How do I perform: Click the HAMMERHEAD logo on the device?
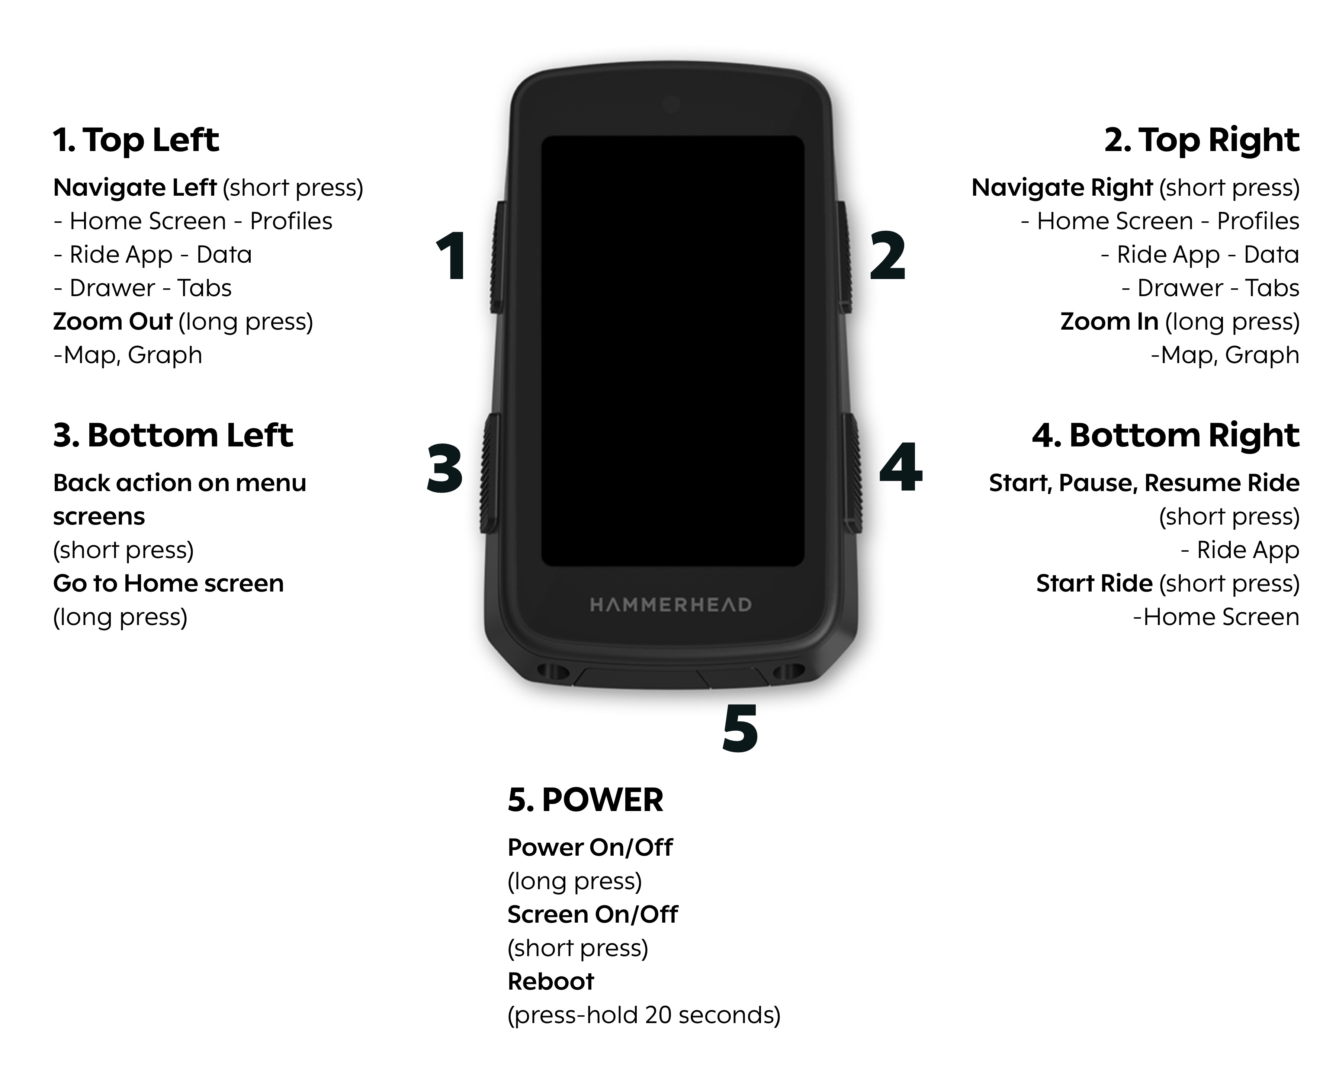(671, 605)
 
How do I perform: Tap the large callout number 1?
(452, 256)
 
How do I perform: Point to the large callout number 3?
(445, 468)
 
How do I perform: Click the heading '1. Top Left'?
(136, 140)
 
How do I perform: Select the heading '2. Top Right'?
(1202, 140)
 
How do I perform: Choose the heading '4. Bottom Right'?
(1166, 435)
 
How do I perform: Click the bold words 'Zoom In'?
(1109, 322)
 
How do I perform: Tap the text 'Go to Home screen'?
(168, 584)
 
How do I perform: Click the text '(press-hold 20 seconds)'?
(644, 1015)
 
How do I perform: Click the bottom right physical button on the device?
(851, 474)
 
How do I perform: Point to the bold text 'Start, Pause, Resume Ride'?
(1144, 483)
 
